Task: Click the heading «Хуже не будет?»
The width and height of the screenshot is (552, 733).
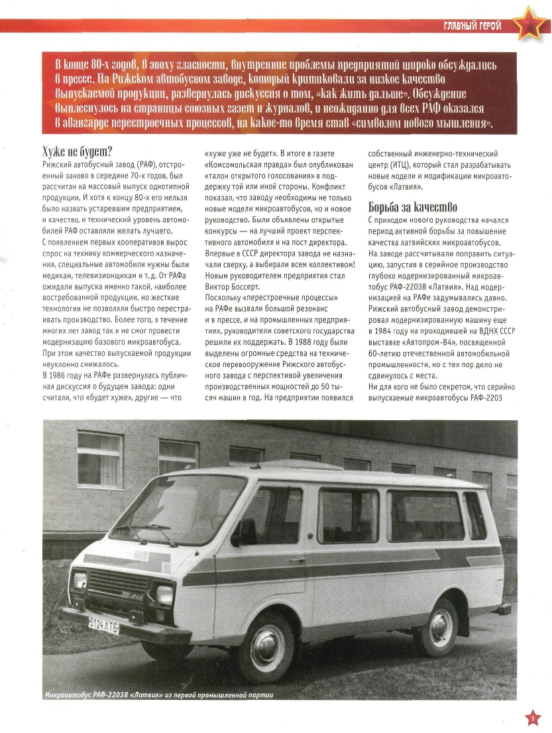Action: tap(77, 152)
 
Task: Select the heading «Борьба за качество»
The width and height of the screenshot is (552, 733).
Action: tap(412, 207)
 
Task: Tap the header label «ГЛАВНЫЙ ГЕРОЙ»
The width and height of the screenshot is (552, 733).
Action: tap(472, 26)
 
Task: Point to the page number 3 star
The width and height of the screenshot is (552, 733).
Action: tap(531, 718)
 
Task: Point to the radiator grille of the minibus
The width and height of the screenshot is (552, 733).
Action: tap(119, 584)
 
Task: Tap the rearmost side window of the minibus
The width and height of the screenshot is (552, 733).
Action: tap(474, 516)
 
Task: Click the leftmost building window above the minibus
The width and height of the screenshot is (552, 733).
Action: tap(99, 459)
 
